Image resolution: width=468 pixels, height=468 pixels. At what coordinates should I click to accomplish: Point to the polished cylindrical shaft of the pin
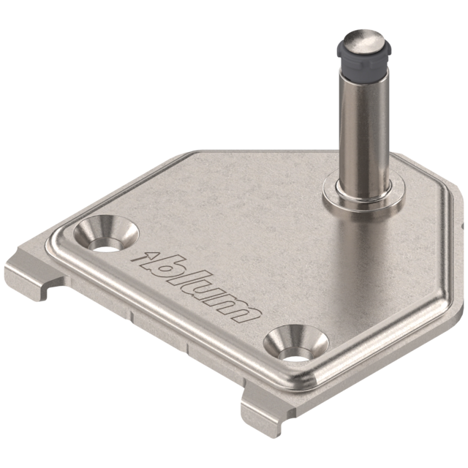point(364,132)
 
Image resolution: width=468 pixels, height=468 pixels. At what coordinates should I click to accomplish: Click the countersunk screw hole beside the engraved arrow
point(106,233)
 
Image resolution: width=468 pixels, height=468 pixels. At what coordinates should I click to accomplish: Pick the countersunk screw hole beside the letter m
point(296,344)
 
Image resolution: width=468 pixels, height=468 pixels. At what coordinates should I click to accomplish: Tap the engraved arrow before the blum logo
point(146,257)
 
